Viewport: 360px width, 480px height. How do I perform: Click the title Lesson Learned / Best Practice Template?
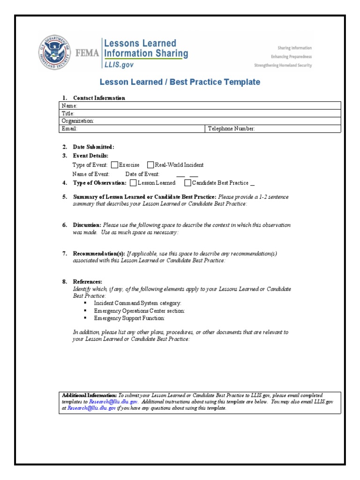coord(180,82)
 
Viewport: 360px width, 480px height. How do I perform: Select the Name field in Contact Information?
coord(201,106)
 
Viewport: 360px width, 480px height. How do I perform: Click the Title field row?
coord(201,113)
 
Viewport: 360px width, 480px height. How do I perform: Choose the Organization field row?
coord(201,121)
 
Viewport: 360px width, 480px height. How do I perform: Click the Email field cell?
coord(133,128)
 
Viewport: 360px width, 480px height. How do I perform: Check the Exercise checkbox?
coord(114,165)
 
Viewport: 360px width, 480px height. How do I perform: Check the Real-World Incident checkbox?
coord(150,165)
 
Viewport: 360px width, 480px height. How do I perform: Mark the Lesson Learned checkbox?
coord(134,183)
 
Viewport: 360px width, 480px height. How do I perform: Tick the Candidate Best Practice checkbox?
coord(187,183)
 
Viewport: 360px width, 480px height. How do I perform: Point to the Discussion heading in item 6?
coord(87,225)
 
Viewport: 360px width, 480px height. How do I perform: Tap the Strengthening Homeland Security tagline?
coord(283,66)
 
